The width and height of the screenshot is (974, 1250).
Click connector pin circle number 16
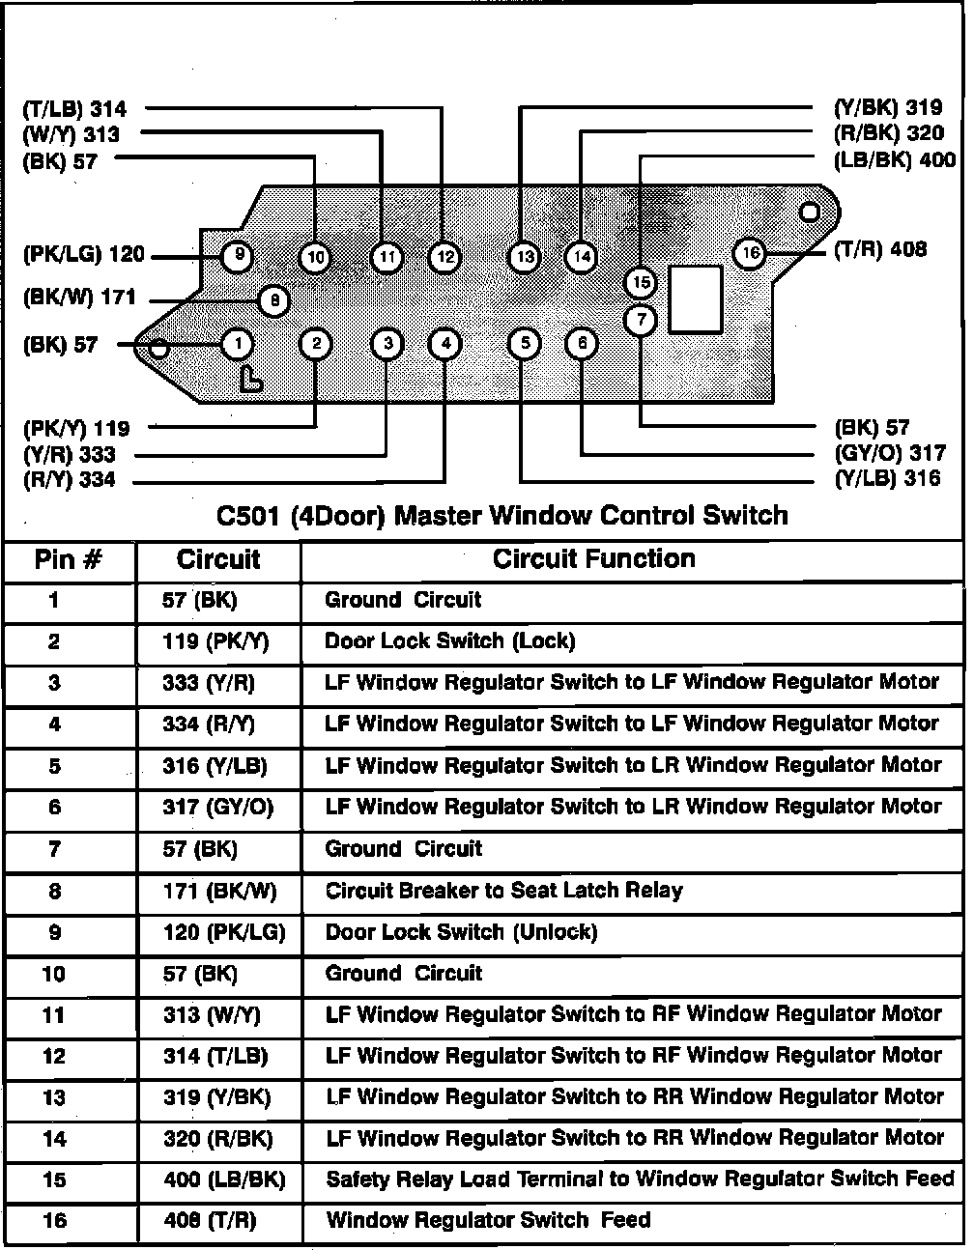pos(750,253)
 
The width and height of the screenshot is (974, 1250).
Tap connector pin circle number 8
pos(274,301)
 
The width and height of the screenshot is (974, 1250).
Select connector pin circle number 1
pos(238,344)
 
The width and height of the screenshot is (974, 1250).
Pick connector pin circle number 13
pos(524,257)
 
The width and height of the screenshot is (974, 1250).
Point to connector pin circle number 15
pos(641,282)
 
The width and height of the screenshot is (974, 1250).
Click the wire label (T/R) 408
pos(880,250)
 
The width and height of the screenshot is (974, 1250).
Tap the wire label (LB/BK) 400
pos(894,160)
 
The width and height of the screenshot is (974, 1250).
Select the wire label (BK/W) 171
pos(79,298)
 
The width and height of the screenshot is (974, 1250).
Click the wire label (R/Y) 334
pos(70,480)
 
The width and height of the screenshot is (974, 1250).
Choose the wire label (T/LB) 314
pos(74,109)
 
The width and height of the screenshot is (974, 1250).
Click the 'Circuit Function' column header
pos(593,559)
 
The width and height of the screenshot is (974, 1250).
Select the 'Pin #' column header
pos(69,560)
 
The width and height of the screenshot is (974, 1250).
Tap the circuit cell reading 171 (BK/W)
pos(219,892)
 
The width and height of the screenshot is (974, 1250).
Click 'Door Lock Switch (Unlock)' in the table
pos(461,932)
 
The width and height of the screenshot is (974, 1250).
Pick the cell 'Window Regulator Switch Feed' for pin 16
pos(488,1220)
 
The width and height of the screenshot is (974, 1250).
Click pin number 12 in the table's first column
pos(54,1056)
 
